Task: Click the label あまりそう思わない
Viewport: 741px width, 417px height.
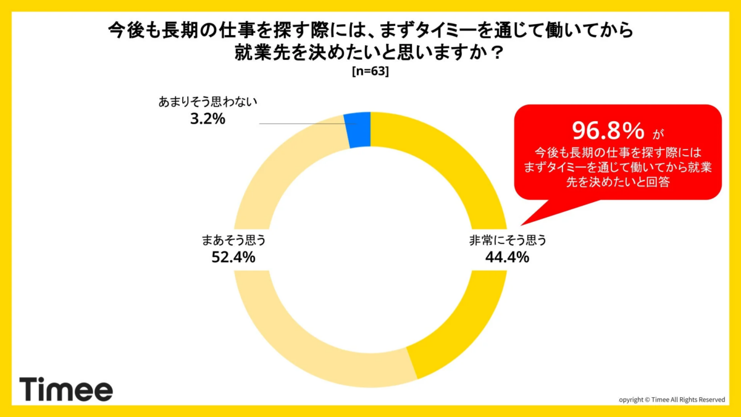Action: pyautogui.click(x=207, y=102)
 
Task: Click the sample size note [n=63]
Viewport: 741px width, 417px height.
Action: pyautogui.click(x=370, y=72)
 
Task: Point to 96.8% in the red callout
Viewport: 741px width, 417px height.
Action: pyautogui.click(x=608, y=130)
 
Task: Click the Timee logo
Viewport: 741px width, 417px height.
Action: pyautogui.click(x=66, y=389)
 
